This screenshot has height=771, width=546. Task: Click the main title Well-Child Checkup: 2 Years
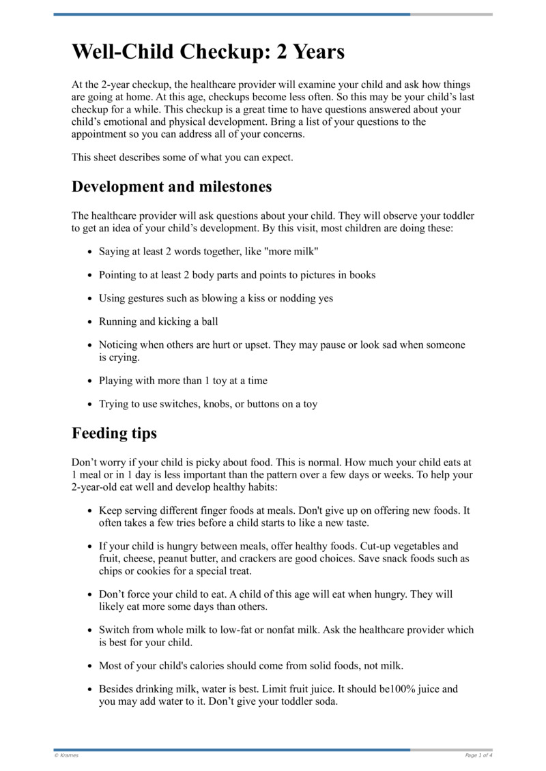[x=208, y=52]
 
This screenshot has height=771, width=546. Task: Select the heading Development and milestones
[x=171, y=186]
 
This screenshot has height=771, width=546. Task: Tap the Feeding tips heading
[x=114, y=433]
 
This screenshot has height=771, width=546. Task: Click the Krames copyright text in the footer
[x=66, y=755]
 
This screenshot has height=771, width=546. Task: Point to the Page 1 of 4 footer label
[x=478, y=755]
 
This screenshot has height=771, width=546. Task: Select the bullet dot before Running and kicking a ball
[x=90, y=322]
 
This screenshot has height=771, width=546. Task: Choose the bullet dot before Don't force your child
[x=90, y=595]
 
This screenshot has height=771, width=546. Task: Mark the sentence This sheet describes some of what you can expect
[x=182, y=158]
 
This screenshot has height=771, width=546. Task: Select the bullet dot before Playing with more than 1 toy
[x=90, y=381]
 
